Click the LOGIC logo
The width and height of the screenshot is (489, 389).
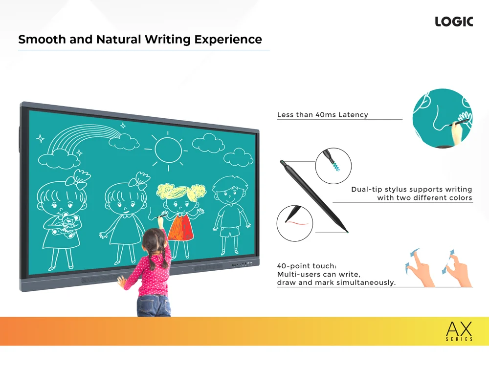click(x=454, y=22)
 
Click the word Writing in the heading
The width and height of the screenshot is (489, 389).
click(x=167, y=40)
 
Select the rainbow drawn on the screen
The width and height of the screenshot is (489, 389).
click(x=84, y=137)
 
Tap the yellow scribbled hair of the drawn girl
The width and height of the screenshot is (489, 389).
click(x=181, y=192)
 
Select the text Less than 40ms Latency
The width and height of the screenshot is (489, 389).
click(x=322, y=115)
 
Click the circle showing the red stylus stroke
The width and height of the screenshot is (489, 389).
click(x=295, y=223)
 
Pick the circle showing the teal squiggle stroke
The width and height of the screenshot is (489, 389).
click(x=333, y=166)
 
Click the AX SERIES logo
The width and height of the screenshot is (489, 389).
click(x=459, y=331)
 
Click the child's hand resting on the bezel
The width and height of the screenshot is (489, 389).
click(x=122, y=282)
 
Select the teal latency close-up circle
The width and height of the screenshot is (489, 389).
click(x=442, y=118)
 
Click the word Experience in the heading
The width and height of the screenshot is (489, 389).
click(x=228, y=40)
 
